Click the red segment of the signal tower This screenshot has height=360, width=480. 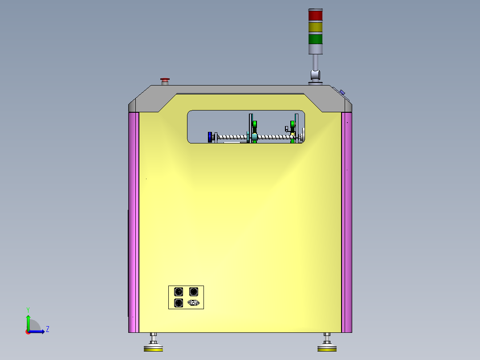tap(315, 16)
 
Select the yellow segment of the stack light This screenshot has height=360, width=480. tap(315, 27)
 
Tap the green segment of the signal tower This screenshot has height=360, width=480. tap(315, 39)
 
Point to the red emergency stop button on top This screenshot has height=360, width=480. tap(165, 81)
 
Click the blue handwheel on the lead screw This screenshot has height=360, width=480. tap(209, 137)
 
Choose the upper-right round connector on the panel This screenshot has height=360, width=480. tap(194, 292)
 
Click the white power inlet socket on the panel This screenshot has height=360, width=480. tap(194, 303)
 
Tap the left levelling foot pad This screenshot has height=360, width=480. tap(153, 349)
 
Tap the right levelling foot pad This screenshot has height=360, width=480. tap(327, 349)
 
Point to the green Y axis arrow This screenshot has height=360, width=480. tap(28, 322)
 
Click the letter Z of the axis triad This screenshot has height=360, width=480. tap(47, 329)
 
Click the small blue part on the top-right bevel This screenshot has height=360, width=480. tap(342, 93)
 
